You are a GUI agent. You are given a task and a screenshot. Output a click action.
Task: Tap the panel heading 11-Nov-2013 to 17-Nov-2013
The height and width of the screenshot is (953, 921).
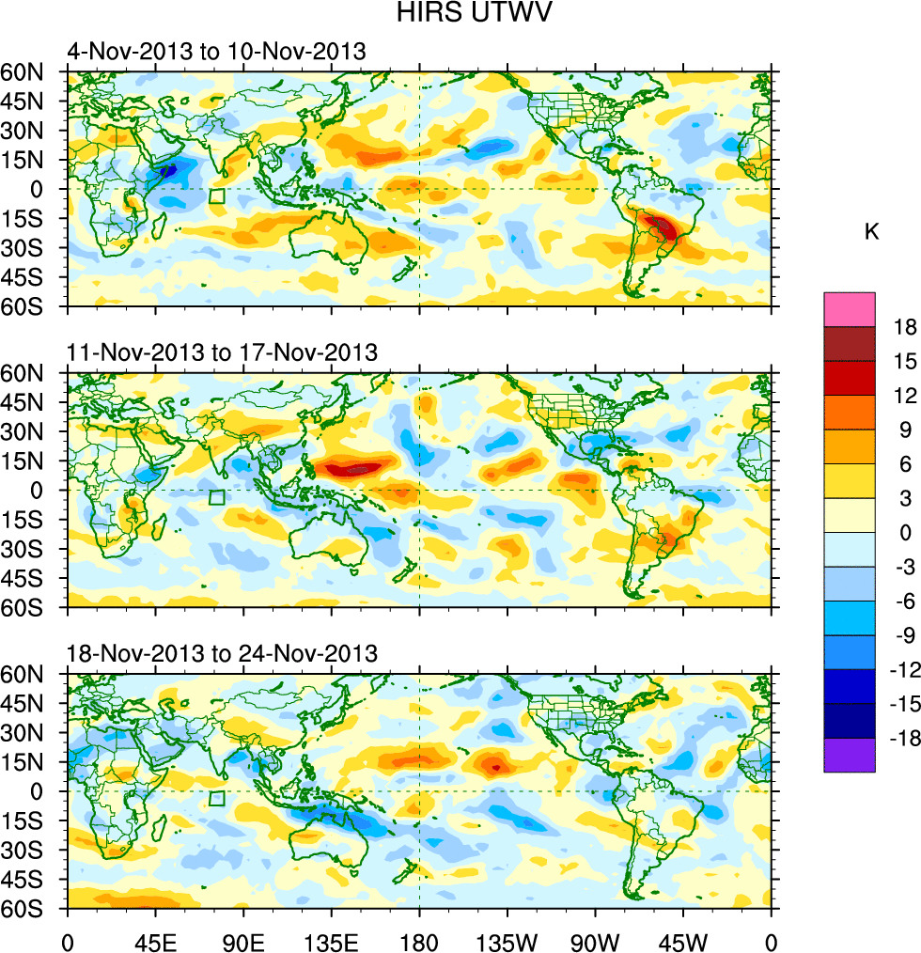tap(222, 352)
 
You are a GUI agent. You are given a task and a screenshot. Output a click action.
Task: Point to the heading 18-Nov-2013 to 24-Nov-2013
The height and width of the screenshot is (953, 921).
tap(222, 653)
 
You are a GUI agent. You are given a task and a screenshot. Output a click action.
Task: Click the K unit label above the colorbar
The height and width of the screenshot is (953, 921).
tap(872, 231)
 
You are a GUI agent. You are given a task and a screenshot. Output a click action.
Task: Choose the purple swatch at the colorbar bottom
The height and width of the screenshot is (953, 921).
tap(850, 756)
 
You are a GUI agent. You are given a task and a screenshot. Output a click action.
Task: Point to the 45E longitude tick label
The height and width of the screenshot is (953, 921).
tap(156, 939)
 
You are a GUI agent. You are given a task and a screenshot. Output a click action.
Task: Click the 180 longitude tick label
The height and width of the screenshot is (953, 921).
tap(419, 939)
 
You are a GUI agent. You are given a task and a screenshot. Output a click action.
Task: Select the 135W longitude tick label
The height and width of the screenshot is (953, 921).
tap(507, 939)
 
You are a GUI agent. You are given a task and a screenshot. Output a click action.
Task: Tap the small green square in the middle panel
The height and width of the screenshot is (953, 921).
tap(217, 498)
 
